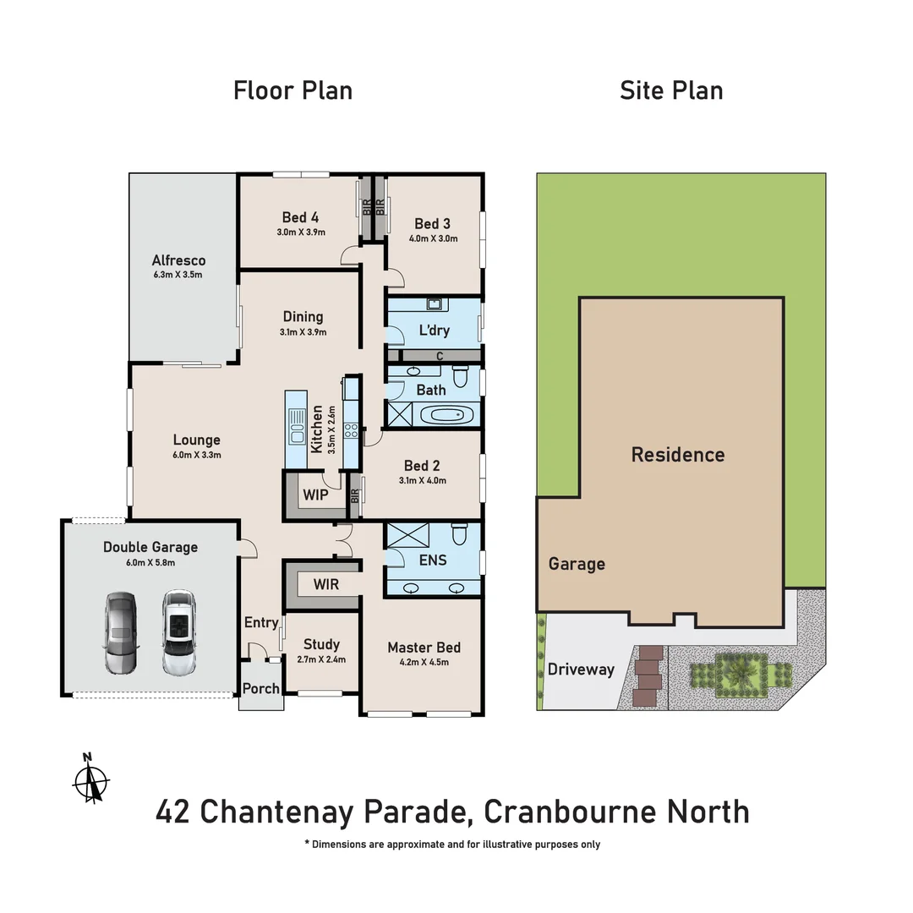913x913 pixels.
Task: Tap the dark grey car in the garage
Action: (x=121, y=632)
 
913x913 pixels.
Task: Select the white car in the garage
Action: (x=178, y=632)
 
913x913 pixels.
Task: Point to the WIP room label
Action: (x=314, y=493)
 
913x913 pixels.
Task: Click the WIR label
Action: (x=326, y=584)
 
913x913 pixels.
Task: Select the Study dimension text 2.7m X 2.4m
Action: (x=321, y=659)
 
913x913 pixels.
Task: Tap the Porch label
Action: (x=260, y=688)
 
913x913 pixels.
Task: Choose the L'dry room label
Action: (x=434, y=331)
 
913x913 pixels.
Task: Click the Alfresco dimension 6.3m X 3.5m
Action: (x=178, y=275)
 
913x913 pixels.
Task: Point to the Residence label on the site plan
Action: (x=678, y=455)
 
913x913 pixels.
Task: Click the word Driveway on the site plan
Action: (x=581, y=669)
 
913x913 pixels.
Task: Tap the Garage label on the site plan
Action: (x=577, y=564)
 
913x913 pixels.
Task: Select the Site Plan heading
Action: (x=671, y=90)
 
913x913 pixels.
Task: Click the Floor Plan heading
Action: (x=292, y=90)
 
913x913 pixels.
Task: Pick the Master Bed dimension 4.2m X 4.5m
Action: (x=424, y=662)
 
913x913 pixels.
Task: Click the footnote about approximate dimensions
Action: (x=452, y=844)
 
